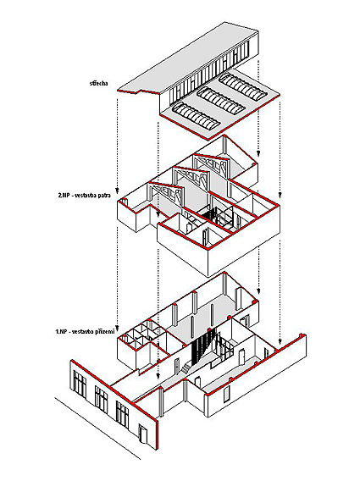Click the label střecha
[x=98, y=83]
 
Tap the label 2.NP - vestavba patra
[x=84, y=195]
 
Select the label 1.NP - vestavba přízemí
[x=85, y=332]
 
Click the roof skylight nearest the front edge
[x=196, y=117]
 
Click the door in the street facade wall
[x=142, y=433]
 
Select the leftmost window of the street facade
[x=80, y=384]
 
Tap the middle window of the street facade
[x=101, y=400]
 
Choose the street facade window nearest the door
[x=122, y=414]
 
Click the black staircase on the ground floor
[x=201, y=346]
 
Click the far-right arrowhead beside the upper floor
[x=280, y=195]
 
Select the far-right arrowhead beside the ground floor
[x=280, y=341]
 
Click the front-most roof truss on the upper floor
[x=165, y=196]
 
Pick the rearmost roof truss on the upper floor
[x=212, y=166]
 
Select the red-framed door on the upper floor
[x=205, y=237]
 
